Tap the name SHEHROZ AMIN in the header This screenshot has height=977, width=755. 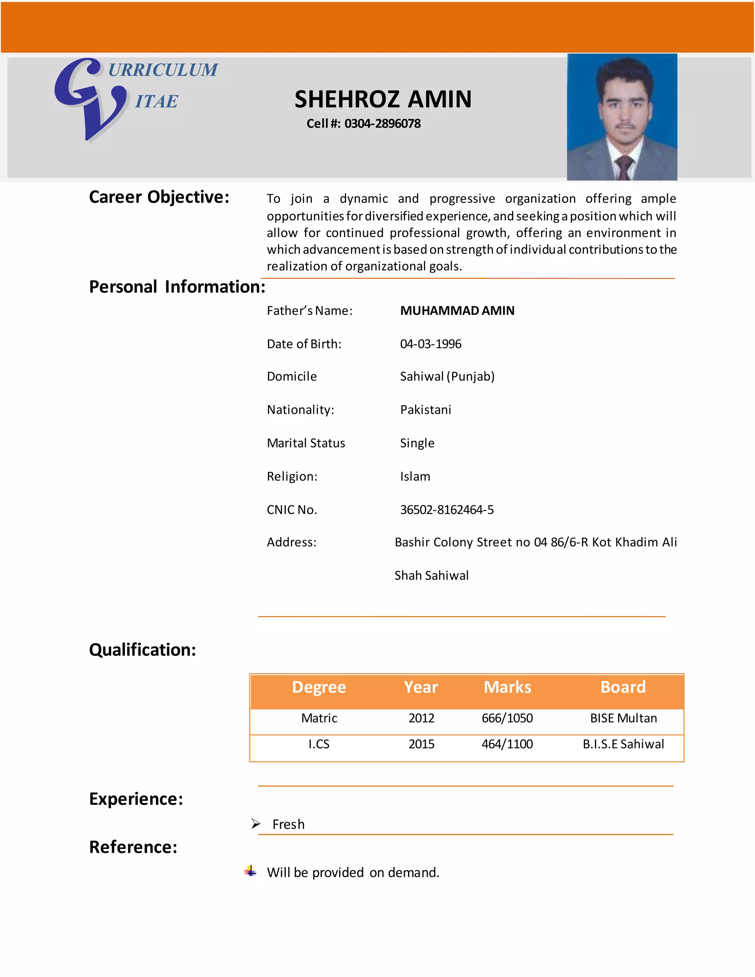pos(383,99)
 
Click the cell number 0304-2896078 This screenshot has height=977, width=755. pos(382,124)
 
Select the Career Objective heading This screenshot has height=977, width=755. pos(159,197)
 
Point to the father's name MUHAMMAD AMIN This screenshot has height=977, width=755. pos(457,310)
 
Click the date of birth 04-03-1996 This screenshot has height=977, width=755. pos(430,344)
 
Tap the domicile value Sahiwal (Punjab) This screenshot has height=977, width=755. pos(447,376)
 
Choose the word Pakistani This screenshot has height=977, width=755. pos(425,410)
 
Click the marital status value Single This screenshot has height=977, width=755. pos(417,443)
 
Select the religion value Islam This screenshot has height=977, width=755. pos(415,476)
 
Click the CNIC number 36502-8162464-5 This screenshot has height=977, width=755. pos(446,510)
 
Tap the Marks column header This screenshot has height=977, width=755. pos(507,687)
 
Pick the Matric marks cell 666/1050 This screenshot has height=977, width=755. pos(507,718)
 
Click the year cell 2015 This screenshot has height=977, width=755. pos(421,744)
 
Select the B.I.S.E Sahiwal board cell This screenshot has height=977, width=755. pos(623,744)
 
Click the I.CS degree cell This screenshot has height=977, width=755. pos(319,744)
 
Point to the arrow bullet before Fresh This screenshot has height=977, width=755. pos(256,824)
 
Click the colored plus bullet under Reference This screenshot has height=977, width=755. pos(250,871)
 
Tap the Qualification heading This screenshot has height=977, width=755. pos(142,650)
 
